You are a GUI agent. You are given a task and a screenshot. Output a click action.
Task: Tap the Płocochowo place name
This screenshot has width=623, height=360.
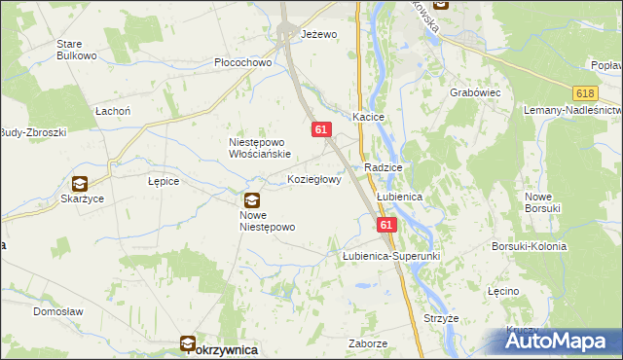point(242,62)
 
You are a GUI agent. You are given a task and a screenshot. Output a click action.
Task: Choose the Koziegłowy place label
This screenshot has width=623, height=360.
point(314,180)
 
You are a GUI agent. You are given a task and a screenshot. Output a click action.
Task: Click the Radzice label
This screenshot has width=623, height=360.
point(384,168)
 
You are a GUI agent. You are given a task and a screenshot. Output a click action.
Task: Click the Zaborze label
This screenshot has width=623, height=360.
point(368,343)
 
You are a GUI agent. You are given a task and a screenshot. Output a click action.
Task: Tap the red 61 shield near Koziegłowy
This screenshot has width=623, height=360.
point(322,129)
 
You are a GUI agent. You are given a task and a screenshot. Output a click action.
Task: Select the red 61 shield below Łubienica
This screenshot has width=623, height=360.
point(386,225)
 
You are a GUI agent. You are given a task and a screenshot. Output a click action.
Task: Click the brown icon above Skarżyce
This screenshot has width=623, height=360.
point(79,182)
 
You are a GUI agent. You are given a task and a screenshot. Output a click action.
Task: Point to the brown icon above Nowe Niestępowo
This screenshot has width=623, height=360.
point(252,199)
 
